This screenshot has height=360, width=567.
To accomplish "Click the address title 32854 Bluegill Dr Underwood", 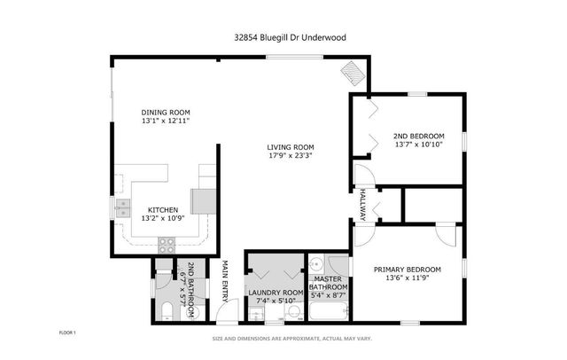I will (x=283, y=38).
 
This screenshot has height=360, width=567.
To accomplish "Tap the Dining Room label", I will (x=166, y=112).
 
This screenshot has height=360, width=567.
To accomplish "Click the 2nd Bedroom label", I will (x=417, y=136).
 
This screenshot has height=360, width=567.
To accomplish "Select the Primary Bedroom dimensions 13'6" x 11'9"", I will (x=407, y=278).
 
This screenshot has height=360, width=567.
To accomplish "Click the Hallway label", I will (x=363, y=205).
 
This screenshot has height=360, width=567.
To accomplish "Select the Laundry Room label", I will (x=276, y=292).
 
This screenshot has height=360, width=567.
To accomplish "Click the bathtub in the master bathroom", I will (x=330, y=311).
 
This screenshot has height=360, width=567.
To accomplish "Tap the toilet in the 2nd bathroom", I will (x=167, y=310).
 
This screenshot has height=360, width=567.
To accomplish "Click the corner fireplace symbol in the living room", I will (x=353, y=70).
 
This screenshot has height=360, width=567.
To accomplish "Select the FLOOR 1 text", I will (x=68, y=333).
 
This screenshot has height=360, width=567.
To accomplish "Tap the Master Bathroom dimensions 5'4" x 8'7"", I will (x=328, y=297).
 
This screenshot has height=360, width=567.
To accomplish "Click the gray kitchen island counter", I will (x=204, y=200).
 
